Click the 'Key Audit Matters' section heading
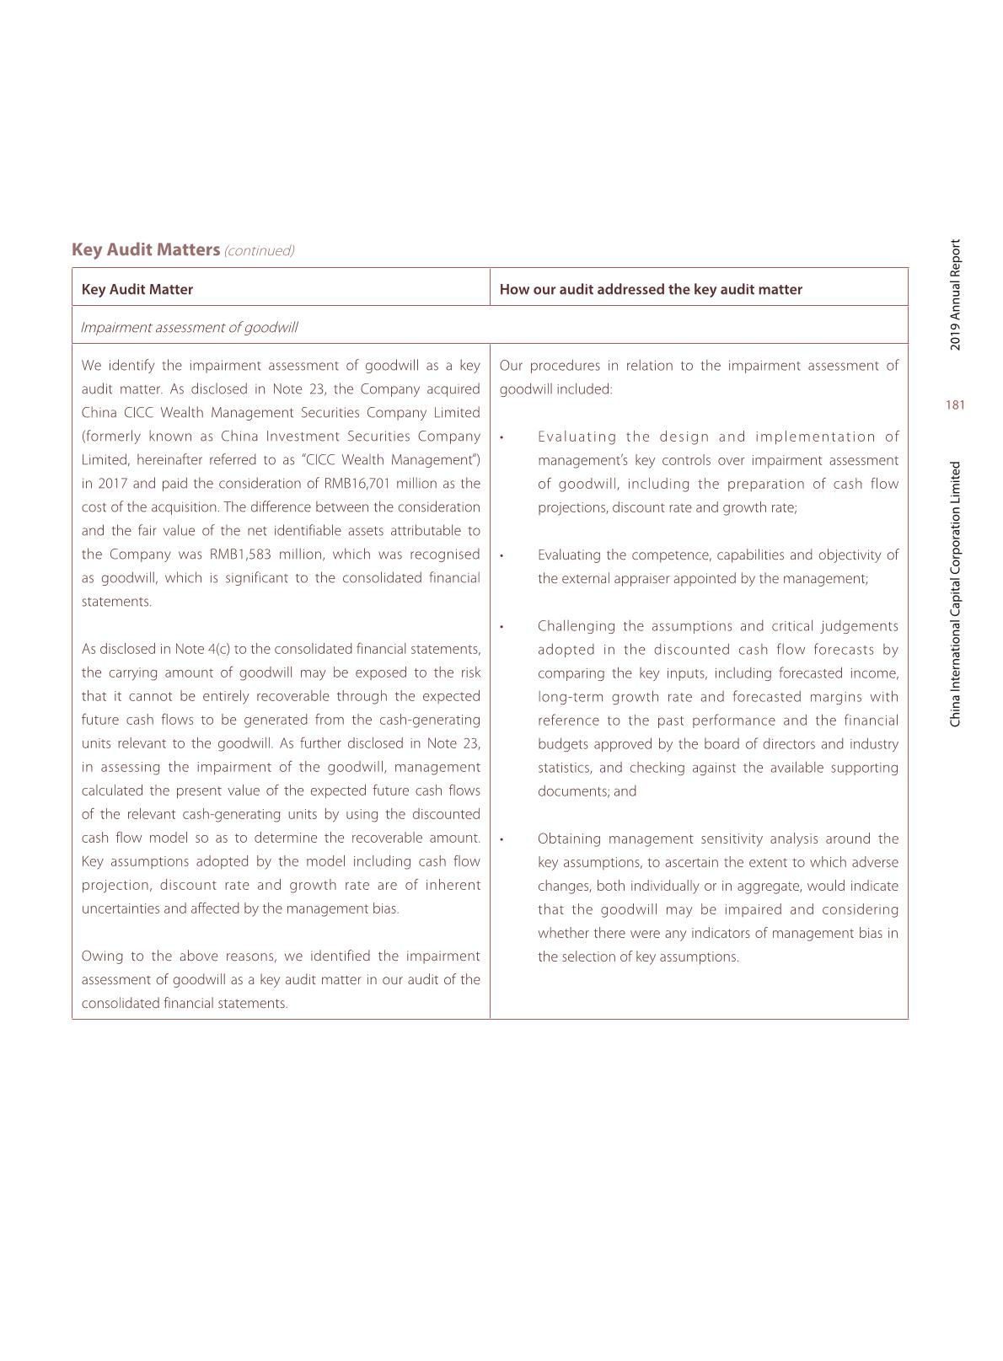(146, 249)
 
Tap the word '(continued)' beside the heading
(260, 251)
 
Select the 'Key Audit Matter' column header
(137, 289)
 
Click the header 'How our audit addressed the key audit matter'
(651, 289)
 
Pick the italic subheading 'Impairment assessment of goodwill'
(190, 327)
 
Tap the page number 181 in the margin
(955, 405)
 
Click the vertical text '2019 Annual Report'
(955, 295)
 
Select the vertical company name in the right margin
(955, 594)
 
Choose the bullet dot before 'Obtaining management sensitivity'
(502, 839)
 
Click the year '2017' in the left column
(112, 484)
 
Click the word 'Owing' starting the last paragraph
(100, 956)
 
